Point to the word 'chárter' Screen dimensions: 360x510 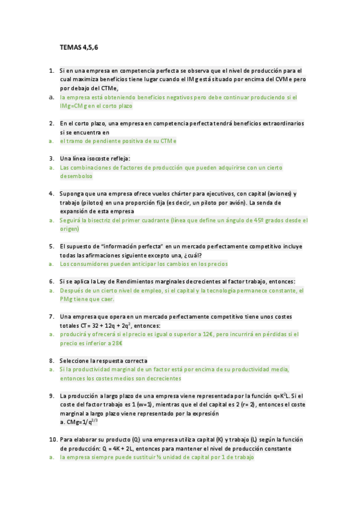(183, 194)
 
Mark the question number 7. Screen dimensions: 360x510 (52, 317)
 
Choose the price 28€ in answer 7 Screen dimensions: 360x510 (115, 343)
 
